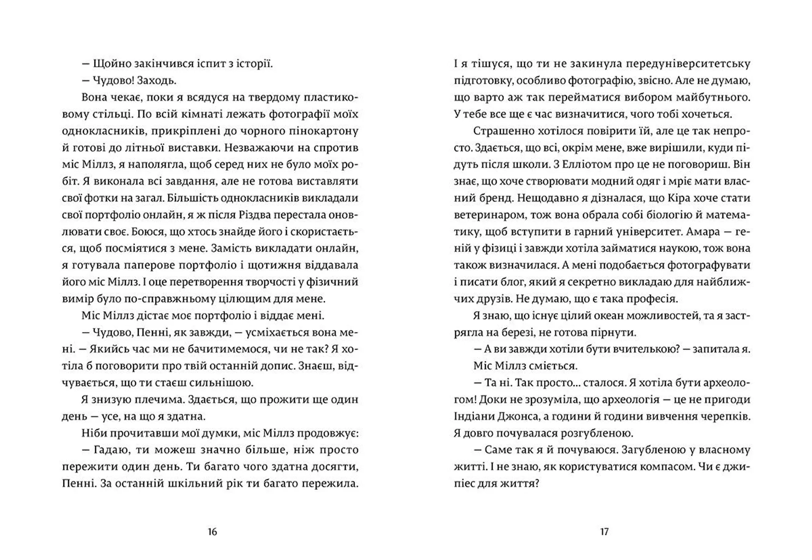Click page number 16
212,532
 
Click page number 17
604,532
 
